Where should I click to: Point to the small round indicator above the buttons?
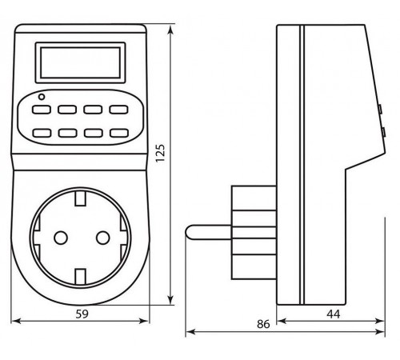point(40,97)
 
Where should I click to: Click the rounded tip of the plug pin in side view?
point(190,231)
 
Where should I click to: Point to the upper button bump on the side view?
point(381,106)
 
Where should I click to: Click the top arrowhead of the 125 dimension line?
point(172,30)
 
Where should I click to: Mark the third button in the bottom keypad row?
point(93,132)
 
